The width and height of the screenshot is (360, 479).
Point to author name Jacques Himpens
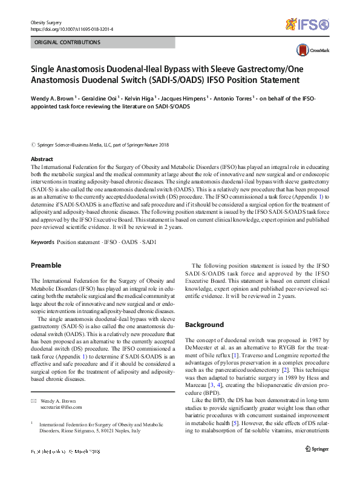[x=186, y=97]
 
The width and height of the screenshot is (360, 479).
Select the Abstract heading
[x=42, y=159]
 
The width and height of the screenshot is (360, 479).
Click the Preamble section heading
[x=46, y=265]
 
